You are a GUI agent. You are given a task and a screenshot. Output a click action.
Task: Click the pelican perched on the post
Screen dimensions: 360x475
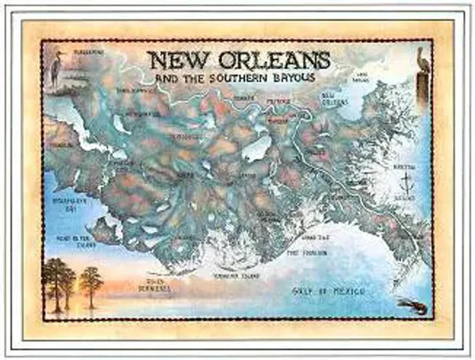422,61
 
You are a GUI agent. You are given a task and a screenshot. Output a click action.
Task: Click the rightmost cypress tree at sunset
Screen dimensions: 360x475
90,282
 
